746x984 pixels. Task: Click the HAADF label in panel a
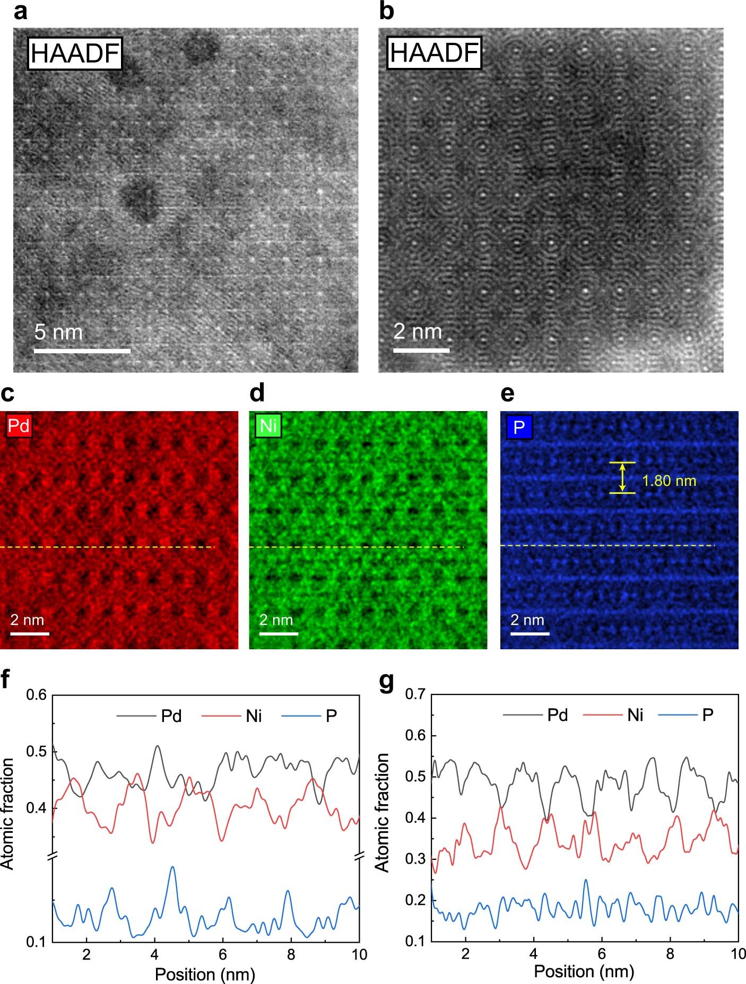click(75, 54)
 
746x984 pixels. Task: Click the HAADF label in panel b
click(435, 53)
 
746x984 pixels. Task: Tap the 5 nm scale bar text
click(58, 333)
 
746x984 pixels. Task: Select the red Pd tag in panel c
click(19, 426)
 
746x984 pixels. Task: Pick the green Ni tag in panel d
click(268, 426)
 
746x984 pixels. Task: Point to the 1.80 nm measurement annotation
click(669, 481)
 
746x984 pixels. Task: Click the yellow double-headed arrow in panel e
click(622, 477)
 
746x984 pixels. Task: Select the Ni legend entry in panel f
click(254, 716)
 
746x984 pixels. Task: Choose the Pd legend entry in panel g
click(557, 715)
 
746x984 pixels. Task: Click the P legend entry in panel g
click(708, 715)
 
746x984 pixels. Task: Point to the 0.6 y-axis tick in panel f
click(37, 695)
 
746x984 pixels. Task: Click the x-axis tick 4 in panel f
click(154, 954)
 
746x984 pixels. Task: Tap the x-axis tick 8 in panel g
click(670, 953)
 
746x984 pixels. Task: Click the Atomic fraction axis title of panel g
click(382, 812)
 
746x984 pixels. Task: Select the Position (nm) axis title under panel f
click(205, 974)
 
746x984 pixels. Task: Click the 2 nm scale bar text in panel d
click(276, 620)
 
